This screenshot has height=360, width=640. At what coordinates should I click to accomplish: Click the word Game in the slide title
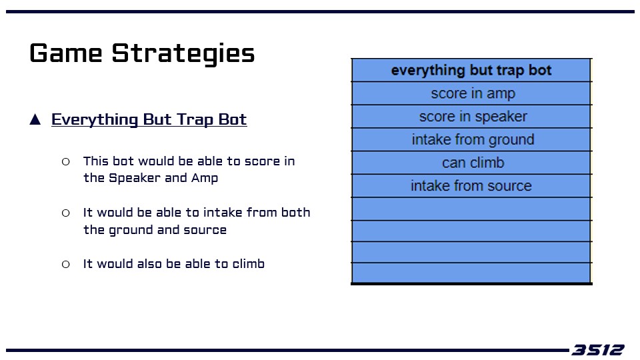pos(66,53)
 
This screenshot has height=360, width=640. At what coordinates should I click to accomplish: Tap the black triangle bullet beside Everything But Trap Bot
pos(35,119)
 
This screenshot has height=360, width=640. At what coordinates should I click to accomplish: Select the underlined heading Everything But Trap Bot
pos(149,119)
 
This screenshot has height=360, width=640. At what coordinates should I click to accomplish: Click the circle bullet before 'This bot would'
pos(66,161)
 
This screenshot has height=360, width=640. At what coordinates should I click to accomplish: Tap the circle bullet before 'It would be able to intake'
pos(66,213)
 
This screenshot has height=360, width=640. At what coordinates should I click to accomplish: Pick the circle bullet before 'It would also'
pos(66,265)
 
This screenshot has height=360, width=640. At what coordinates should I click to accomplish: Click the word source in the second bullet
pos(205,230)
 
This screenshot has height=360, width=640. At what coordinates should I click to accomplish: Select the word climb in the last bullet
pos(249,264)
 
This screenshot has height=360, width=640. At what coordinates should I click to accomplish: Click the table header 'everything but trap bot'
pos(471,70)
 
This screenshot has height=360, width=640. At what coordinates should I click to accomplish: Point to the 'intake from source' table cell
pos(471,186)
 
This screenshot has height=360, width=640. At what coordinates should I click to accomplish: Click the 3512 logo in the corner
pos(598,350)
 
